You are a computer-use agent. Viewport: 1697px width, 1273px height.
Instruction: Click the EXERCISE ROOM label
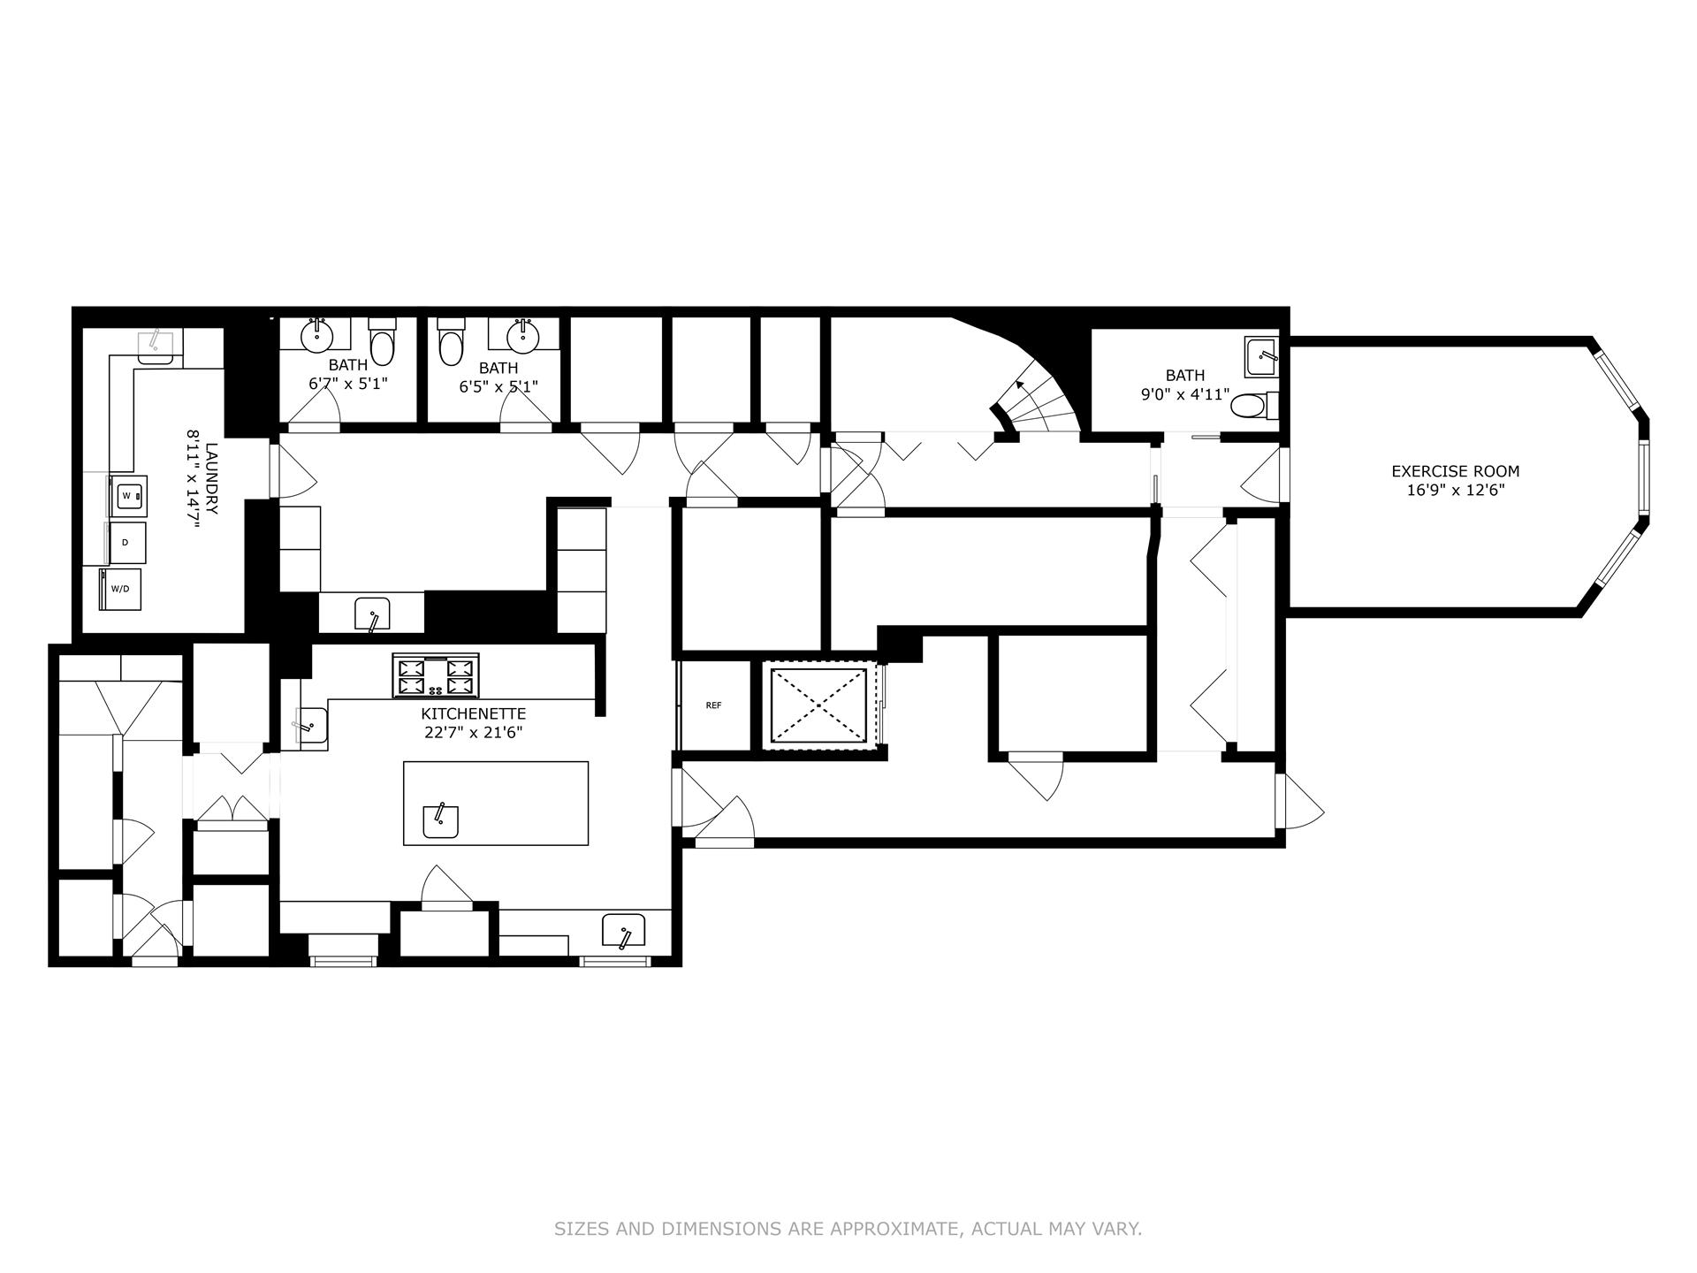point(1455,472)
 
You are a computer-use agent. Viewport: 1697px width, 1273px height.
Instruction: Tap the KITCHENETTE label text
point(473,713)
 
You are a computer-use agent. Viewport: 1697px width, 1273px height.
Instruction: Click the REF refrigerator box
point(713,705)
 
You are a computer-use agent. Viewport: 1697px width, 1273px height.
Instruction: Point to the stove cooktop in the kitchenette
point(437,676)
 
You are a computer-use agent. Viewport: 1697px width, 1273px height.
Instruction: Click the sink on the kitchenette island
point(440,821)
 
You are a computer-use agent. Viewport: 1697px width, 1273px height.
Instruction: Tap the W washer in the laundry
point(127,496)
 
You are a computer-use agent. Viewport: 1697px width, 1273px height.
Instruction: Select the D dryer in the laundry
point(126,543)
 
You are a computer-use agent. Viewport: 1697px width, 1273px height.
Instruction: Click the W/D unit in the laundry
point(121,590)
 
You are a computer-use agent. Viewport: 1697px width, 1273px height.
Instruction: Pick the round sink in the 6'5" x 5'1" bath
point(522,336)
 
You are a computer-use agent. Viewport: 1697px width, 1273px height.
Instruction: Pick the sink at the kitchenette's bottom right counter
point(623,932)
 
